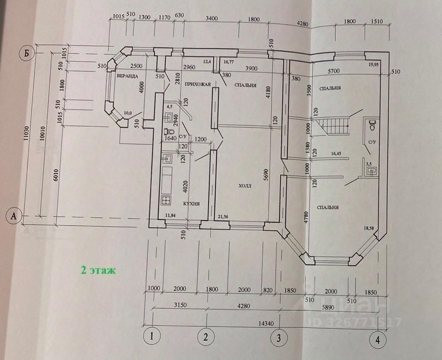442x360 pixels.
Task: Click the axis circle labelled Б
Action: pyautogui.click(x=24, y=52)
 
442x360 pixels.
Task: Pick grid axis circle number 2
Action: pyautogui.click(x=206, y=336)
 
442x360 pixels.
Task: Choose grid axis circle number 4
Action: pyautogui.click(x=378, y=339)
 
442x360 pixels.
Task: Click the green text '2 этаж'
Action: pyautogui.click(x=98, y=270)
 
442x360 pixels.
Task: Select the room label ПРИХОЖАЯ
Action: pyautogui.click(x=197, y=84)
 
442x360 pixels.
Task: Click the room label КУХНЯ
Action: pyautogui.click(x=191, y=204)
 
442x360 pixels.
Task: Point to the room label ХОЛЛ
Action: pyautogui.click(x=245, y=186)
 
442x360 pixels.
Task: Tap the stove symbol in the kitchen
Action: pyautogui.click(x=166, y=200)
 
